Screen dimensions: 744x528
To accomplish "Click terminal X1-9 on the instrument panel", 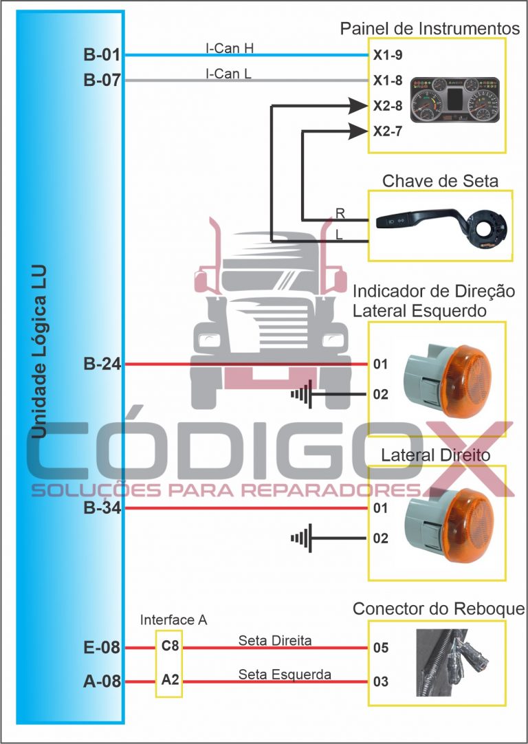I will pos(387,56).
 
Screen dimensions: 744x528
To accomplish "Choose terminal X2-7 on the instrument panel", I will pos(387,131).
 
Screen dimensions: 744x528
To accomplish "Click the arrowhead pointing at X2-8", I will pos(356,105).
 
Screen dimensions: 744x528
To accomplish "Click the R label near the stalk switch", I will pos(340,213).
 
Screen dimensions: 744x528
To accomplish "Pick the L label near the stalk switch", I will pos(339,234).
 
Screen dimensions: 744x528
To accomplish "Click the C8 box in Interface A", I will pos(170,647).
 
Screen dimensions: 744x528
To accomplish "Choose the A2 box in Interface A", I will pos(170,681).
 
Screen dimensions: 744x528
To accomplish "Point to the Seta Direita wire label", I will pos(275,640).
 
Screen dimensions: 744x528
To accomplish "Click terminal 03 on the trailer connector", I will pos(381,681).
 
